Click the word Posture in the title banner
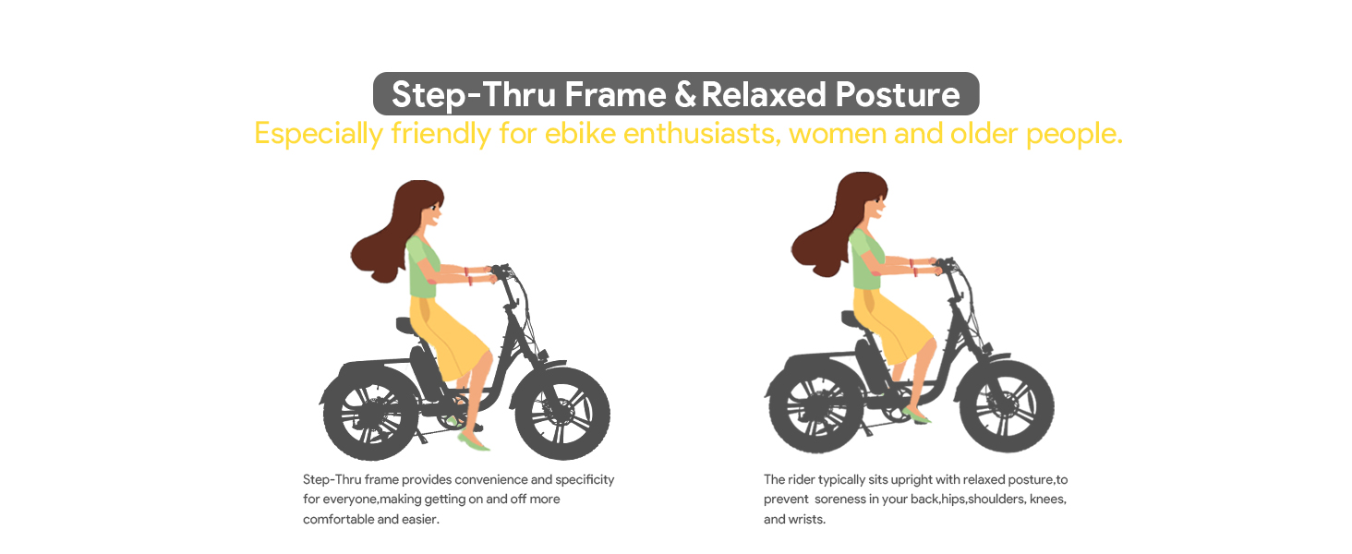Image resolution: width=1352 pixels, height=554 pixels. [898, 95]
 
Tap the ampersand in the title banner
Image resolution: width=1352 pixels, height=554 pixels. [685, 94]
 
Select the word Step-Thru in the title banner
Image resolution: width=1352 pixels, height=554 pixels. [473, 95]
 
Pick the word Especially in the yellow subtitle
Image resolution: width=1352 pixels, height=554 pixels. [318, 134]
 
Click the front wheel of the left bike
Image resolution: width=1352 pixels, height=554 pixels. [561, 414]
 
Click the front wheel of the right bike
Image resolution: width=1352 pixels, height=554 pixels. [1007, 406]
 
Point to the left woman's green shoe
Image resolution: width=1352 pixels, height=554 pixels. [473, 441]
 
